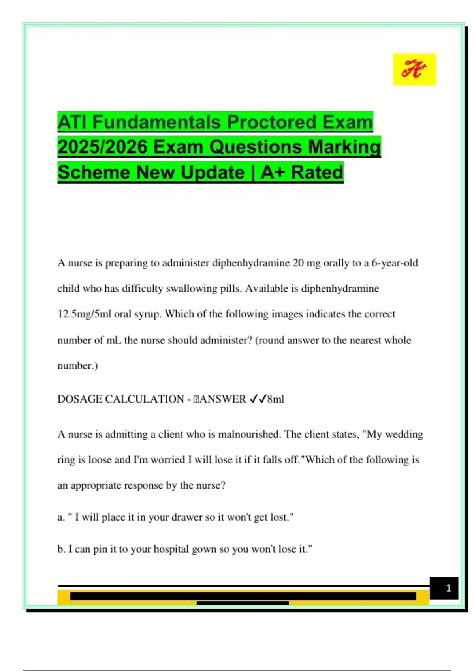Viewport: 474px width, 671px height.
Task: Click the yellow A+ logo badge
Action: (x=414, y=69)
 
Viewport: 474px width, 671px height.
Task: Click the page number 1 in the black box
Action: (x=448, y=588)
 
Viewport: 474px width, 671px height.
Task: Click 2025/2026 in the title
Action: (x=102, y=147)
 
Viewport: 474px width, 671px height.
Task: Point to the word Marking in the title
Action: (x=344, y=147)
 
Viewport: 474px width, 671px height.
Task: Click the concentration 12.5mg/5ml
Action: (x=84, y=314)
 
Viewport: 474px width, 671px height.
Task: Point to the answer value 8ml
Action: (x=276, y=399)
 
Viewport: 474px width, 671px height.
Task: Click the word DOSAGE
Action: (x=79, y=399)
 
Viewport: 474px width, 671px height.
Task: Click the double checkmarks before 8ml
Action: (x=258, y=399)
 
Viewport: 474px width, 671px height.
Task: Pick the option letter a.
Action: (x=60, y=517)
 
